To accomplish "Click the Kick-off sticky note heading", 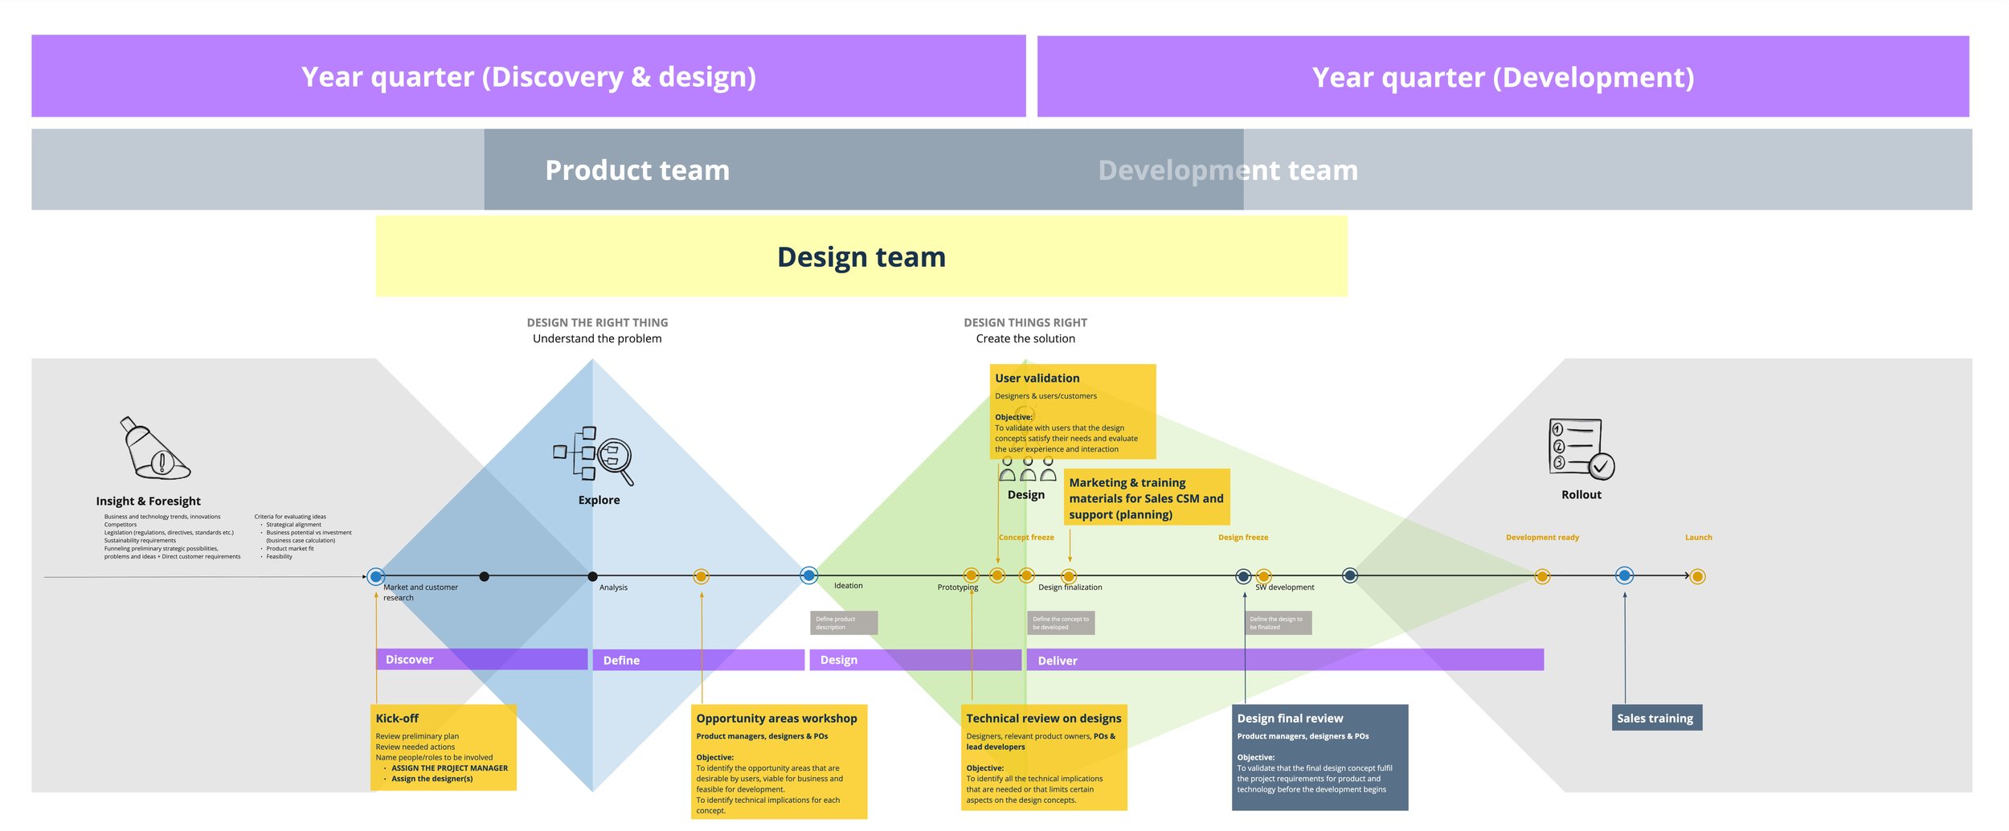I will point(397,718).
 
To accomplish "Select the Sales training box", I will point(1655,718).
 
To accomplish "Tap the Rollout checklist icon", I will point(1581,448).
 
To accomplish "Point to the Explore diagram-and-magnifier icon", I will point(595,456).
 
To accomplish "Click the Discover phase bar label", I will point(409,660).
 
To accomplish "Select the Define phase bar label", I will point(621,661).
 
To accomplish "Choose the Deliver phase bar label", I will point(1057,661).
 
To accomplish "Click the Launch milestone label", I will point(1698,538).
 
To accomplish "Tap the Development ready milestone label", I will point(1541,538).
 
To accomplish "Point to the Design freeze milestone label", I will point(1242,538).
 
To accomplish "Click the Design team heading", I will point(861,257).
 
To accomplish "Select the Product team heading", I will point(637,170).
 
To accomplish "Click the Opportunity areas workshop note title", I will point(776,718).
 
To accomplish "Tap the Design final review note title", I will point(1290,718).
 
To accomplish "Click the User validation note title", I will point(1037,379).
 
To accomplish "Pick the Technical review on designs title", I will point(1043,718).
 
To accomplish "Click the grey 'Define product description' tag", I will point(843,623).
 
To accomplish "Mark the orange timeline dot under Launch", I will point(1697,576).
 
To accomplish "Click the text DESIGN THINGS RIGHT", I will point(1025,323).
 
